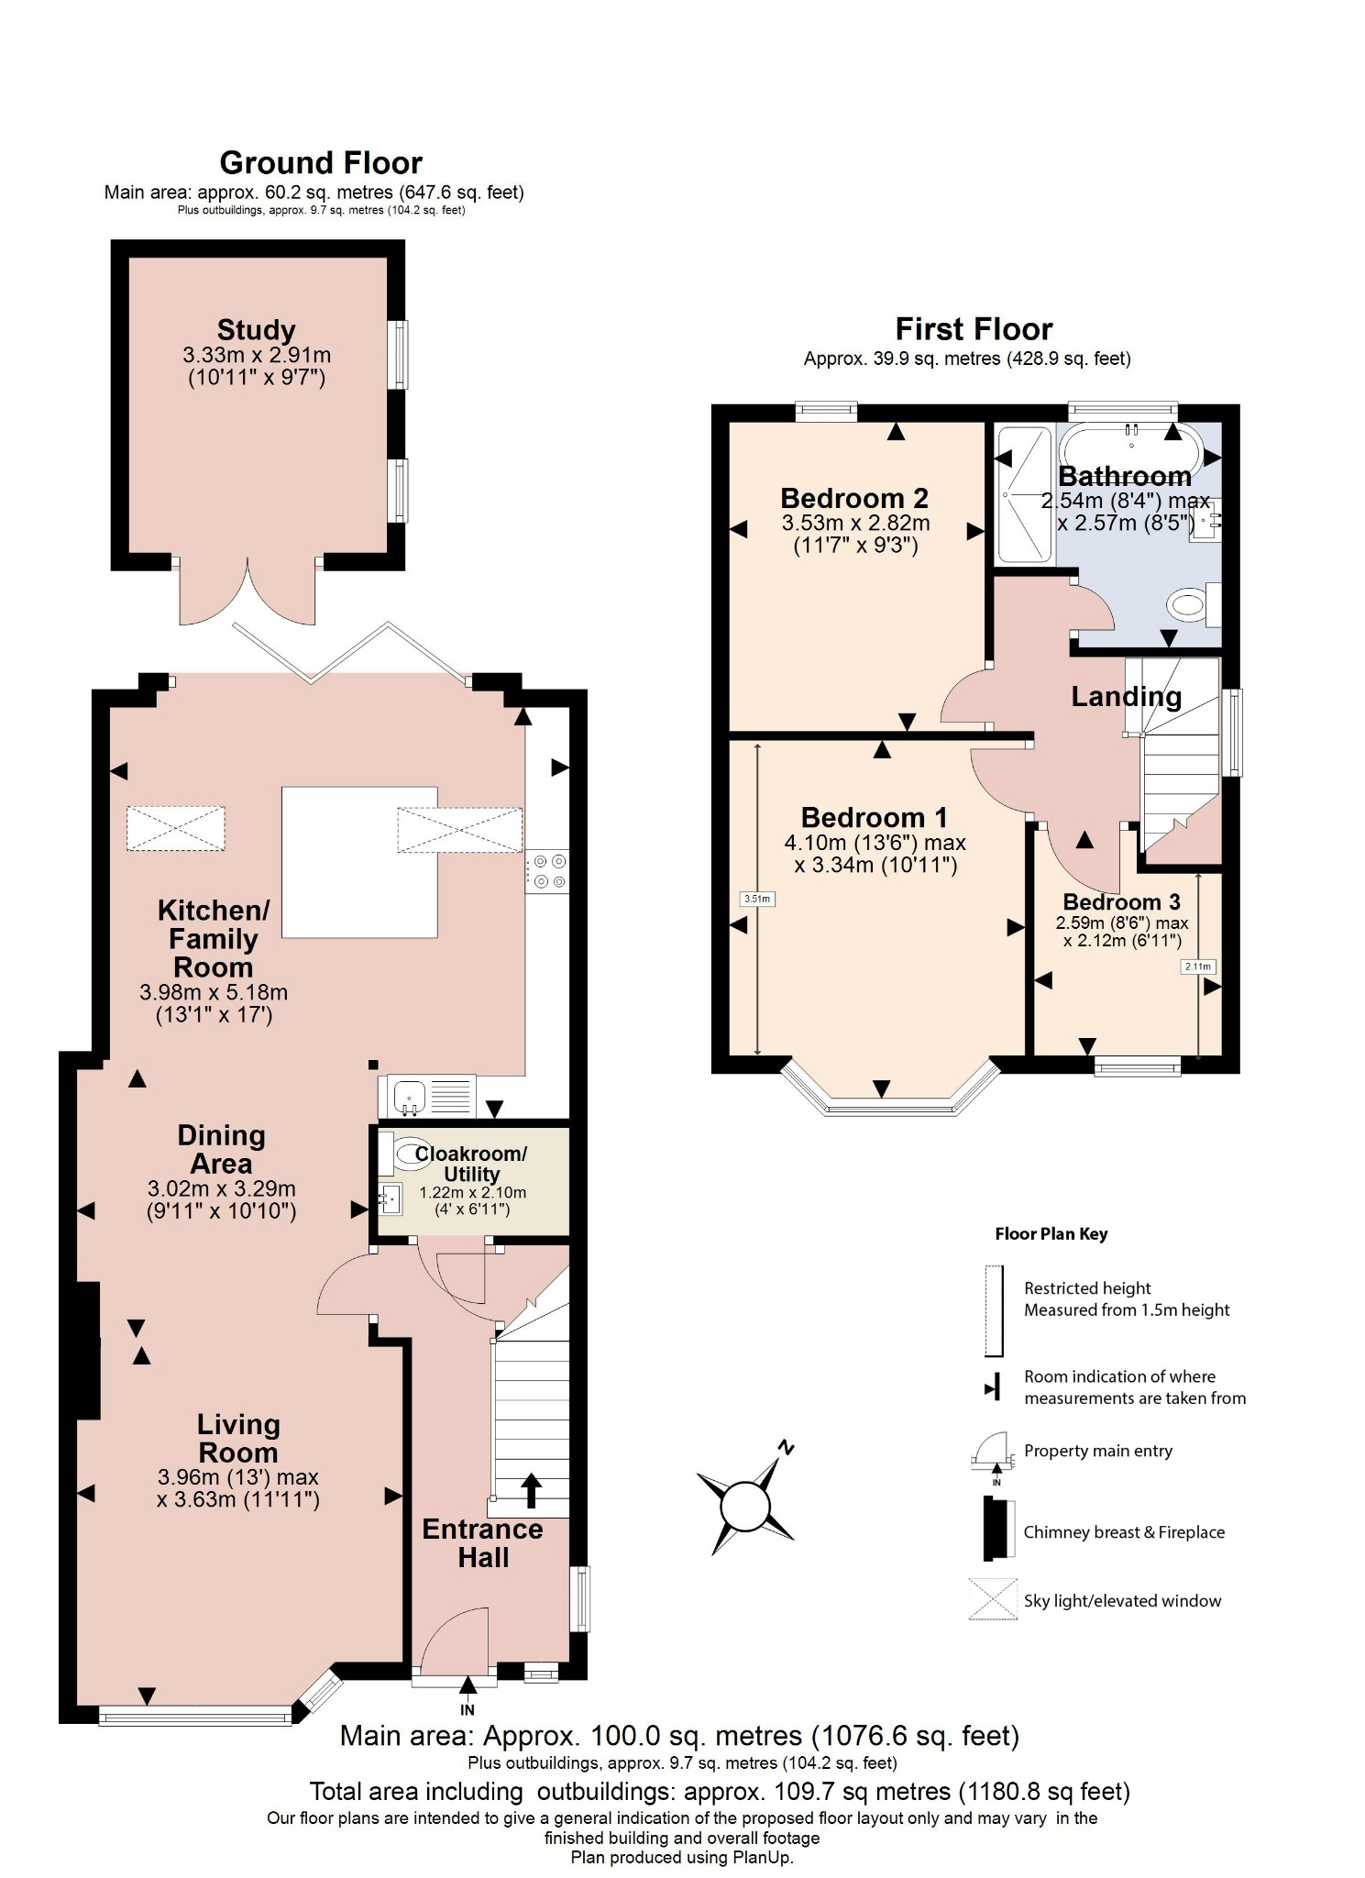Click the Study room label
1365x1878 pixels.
pyautogui.click(x=256, y=330)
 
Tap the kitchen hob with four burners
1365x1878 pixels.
pyautogui.click(x=547, y=871)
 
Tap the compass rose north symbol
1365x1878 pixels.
pyautogui.click(x=745, y=1506)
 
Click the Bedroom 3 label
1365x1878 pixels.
pyautogui.click(x=1121, y=902)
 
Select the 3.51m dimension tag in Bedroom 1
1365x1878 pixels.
pyautogui.click(x=757, y=899)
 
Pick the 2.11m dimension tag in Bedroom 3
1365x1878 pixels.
pyautogui.click(x=1197, y=967)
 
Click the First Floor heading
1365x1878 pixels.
pyautogui.click(x=974, y=328)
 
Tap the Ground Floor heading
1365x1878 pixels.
pyautogui.click(x=321, y=162)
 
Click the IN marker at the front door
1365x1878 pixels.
pyautogui.click(x=468, y=1709)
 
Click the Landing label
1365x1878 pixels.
pyautogui.click(x=1126, y=697)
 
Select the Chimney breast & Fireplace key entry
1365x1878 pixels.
pyautogui.click(x=1123, y=1532)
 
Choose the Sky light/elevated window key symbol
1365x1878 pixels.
pyautogui.click(x=993, y=1599)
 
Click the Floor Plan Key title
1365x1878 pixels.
pyautogui.click(x=1051, y=1234)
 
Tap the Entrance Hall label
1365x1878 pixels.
pyautogui.click(x=482, y=1543)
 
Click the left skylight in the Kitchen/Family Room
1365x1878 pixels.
pyautogui.click(x=176, y=828)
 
